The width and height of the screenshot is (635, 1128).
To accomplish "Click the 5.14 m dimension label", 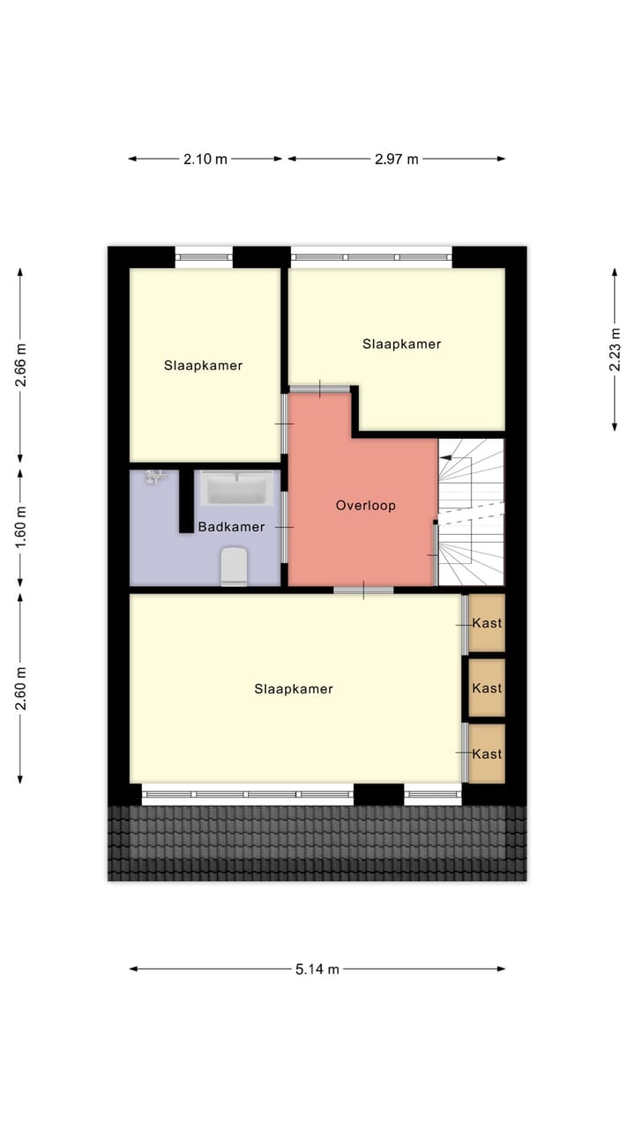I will coord(317,968).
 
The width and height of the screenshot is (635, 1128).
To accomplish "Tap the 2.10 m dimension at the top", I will coord(205,160).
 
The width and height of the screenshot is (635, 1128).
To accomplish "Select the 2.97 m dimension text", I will coord(396,160).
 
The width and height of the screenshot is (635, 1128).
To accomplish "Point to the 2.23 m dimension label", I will coord(615,350).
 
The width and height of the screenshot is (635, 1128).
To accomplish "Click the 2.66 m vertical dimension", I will coord(20,365).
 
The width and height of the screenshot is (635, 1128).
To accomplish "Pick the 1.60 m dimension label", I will coord(20,527).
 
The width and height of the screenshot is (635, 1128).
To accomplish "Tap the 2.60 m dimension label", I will coord(20,688).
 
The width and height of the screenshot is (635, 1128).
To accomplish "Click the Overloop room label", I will coord(365,506).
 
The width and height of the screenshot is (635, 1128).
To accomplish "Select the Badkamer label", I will coord(231,528).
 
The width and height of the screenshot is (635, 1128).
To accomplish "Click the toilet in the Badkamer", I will coord(234,566).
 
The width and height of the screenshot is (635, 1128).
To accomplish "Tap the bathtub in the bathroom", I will coord(235,487).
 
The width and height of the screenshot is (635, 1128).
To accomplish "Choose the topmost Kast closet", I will coord(487,623).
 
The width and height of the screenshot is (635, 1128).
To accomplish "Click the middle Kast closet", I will coord(487,688).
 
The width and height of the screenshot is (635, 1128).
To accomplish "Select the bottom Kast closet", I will coord(487,753).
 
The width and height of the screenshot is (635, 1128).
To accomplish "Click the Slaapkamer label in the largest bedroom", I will coord(294,689).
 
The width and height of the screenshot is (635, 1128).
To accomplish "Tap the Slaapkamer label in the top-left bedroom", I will coord(203,365).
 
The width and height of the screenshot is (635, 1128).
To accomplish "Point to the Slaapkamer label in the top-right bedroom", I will coord(401,345).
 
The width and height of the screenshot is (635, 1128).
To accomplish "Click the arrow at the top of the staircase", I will coord(446,458).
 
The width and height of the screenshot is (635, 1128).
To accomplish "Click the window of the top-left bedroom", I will coord(204,257).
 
